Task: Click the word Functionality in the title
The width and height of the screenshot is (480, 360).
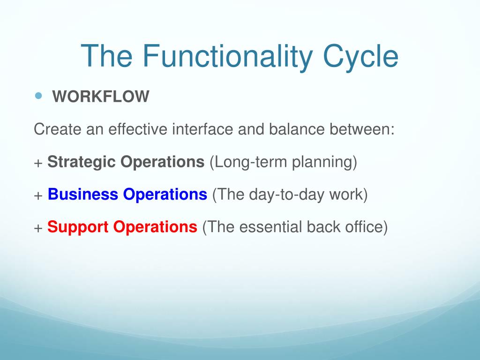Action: pos(227,57)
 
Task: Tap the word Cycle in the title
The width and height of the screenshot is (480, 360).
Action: pos(360,57)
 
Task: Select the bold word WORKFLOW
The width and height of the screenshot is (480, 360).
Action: pos(101,97)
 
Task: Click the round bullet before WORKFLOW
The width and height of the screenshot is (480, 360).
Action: pos(38,96)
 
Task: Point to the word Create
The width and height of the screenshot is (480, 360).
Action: pos(57,129)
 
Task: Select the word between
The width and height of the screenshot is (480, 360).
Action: pos(362,129)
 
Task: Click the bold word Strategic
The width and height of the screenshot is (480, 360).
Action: pos(82,162)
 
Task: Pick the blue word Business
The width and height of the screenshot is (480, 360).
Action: pos(83,194)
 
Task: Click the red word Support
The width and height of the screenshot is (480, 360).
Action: pos(78,227)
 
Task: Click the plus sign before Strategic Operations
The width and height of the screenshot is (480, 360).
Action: pos(38,163)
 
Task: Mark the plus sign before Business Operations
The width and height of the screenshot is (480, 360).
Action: pos(38,195)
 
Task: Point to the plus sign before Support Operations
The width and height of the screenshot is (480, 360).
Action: pos(38,228)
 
